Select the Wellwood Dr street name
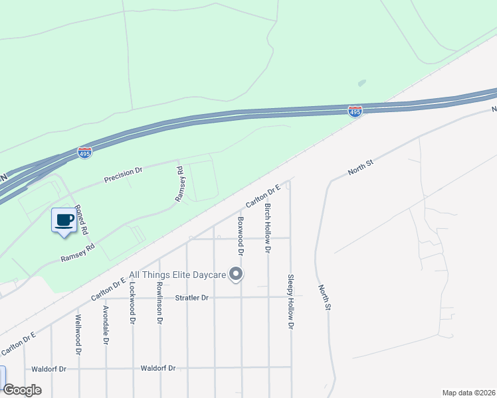[78, 326]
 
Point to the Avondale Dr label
[105, 326]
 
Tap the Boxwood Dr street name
[241, 235]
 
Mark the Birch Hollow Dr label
[268, 228]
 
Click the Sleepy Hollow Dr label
[290, 302]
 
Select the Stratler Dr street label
[191, 298]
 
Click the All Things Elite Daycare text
[176, 274]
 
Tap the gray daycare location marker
[236, 274]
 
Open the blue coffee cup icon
[64, 221]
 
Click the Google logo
[22, 390]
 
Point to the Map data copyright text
[468, 393]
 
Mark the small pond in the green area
[361, 84]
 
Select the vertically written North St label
[324, 297]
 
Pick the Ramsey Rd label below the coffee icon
[78, 251]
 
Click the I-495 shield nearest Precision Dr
[84, 152]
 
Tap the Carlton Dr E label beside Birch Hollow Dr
[263, 195]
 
